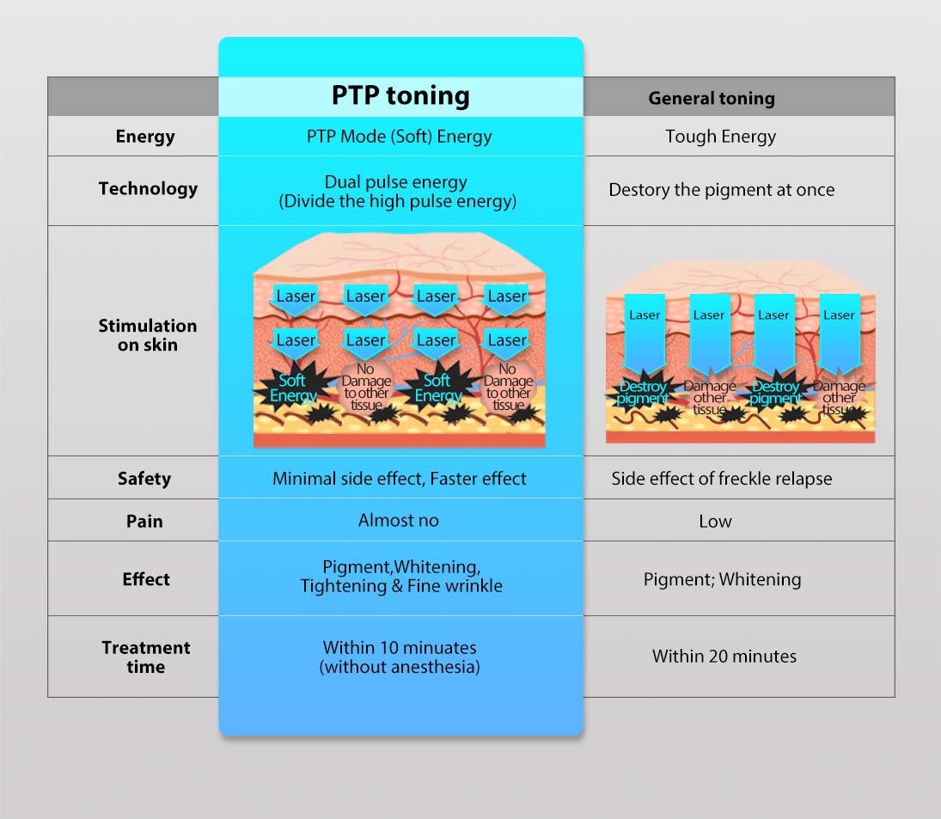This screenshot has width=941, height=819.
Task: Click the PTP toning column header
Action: pos(400,95)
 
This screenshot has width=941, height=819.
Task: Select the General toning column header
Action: pos(712,98)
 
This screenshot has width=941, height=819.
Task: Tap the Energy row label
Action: pos(145,137)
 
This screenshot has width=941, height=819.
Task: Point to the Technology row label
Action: pos(148,189)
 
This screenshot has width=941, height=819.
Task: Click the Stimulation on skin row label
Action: pos(147,335)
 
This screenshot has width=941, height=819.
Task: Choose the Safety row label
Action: pos(144,479)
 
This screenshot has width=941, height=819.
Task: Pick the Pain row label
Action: pos(144,521)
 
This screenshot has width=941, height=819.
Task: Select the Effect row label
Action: pos(146,579)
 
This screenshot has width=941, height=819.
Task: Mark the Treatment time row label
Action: pos(146,657)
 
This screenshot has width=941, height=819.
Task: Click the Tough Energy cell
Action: pos(720,137)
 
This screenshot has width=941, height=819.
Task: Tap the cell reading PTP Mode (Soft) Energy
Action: pos(400,137)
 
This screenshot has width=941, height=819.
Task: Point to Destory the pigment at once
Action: pos(721,190)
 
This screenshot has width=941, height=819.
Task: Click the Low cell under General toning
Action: pos(715,521)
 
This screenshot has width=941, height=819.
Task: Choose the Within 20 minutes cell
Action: pos(724,657)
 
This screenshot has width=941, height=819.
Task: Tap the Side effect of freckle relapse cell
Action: pos(721,479)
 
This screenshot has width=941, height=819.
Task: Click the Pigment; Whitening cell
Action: pos(722,580)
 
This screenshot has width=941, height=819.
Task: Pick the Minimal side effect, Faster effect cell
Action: pos(400,479)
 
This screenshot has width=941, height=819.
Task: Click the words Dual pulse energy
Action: pos(396,182)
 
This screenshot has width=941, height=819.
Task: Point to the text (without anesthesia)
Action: pos(400,667)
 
